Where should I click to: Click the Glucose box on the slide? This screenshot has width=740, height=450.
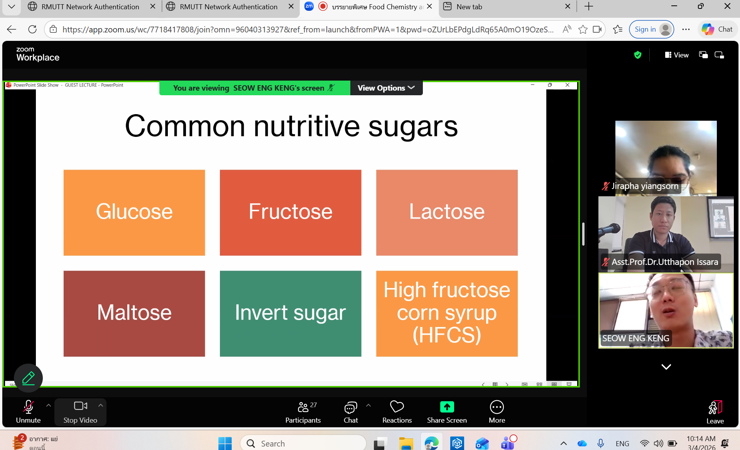(x=134, y=212)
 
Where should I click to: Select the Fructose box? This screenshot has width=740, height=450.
(x=291, y=212)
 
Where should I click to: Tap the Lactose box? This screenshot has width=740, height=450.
(x=447, y=212)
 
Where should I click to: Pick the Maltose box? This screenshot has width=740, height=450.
(x=134, y=313)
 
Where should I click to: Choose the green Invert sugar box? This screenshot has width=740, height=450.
(x=291, y=313)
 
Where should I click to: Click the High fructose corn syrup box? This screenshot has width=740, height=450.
(x=447, y=313)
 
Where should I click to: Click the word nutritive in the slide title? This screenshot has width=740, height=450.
(x=307, y=126)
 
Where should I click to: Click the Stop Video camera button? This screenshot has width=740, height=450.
(x=80, y=412)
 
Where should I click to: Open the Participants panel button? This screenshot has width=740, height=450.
(x=303, y=412)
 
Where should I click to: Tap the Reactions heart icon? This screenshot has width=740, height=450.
(x=397, y=406)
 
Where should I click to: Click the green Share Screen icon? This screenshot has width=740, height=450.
(x=447, y=407)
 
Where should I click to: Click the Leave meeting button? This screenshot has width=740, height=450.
(x=715, y=412)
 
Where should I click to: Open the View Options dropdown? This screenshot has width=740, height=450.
(x=386, y=88)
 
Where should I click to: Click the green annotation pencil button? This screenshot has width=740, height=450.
(x=28, y=378)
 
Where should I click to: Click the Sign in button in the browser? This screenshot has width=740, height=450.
(x=651, y=29)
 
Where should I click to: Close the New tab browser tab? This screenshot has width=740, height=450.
(x=568, y=7)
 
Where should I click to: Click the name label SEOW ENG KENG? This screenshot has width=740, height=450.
(x=636, y=338)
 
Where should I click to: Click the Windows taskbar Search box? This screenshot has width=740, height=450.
(x=303, y=443)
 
